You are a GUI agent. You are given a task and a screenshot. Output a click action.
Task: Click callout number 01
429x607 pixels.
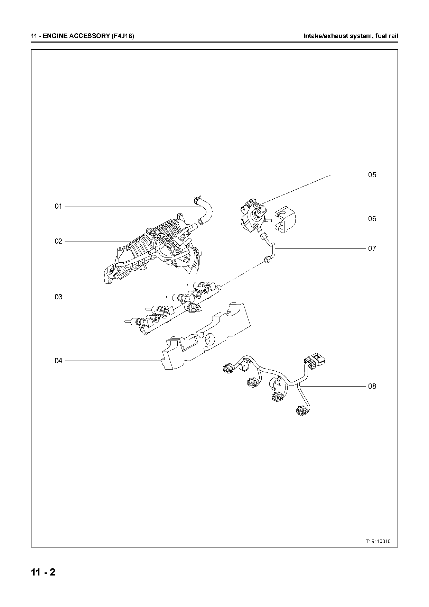(x=58, y=207)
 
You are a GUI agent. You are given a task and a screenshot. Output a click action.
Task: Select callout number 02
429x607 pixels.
(x=58, y=241)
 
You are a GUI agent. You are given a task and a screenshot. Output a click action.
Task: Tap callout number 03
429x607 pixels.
(x=58, y=297)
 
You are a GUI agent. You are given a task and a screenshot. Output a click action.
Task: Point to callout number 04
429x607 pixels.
(x=58, y=361)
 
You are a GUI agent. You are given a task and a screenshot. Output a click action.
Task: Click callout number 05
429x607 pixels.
(x=372, y=175)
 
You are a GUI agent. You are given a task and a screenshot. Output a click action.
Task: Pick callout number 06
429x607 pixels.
(x=372, y=219)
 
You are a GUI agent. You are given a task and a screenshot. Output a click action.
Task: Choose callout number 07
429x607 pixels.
(x=372, y=248)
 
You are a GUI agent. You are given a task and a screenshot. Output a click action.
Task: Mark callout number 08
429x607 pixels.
(x=372, y=386)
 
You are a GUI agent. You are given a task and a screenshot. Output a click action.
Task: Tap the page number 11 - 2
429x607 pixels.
(x=43, y=572)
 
